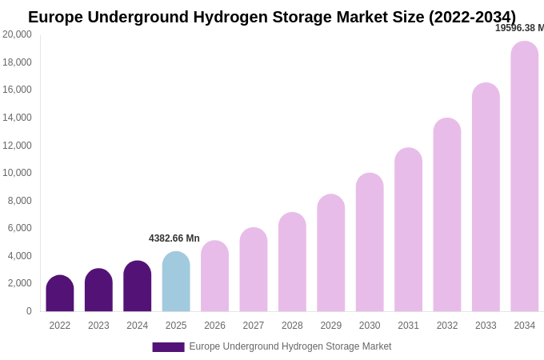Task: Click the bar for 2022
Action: (60, 294)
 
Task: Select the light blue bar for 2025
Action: (176, 282)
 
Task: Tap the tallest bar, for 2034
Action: (524, 176)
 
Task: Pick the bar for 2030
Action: (370, 242)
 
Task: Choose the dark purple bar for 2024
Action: (138, 286)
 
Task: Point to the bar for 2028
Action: (292, 262)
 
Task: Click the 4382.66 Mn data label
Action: (174, 238)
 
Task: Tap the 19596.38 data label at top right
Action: (519, 28)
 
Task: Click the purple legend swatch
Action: (168, 347)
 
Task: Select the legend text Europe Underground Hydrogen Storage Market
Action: (290, 346)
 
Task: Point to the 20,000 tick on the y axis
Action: (17, 34)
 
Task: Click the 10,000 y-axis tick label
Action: (17, 173)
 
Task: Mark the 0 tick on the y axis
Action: (29, 311)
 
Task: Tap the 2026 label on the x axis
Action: (214, 326)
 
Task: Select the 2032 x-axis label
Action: (447, 326)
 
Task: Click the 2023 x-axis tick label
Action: (98, 326)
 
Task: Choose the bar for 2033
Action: (486, 197)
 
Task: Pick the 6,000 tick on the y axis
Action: (20, 228)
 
